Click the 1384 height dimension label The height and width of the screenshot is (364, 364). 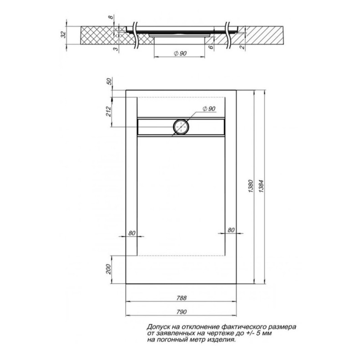pyautogui.click(x=262, y=186)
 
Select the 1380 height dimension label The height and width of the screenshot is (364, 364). pyautogui.click(x=251, y=186)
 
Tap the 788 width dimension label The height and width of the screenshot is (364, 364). pyautogui.click(x=181, y=298)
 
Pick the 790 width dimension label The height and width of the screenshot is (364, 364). pyautogui.click(x=181, y=312)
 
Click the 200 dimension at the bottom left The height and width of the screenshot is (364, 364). pyautogui.click(x=109, y=269)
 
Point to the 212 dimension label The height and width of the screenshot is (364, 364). pyautogui.click(x=109, y=111)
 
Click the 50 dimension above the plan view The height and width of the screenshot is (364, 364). pyautogui.click(x=109, y=82)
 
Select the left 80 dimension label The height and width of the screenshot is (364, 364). pyautogui.click(x=132, y=233)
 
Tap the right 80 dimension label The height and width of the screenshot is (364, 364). pyautogui.click(x=231, y=230)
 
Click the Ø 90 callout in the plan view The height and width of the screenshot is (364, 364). pyautogui.click(x=209, y=109)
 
